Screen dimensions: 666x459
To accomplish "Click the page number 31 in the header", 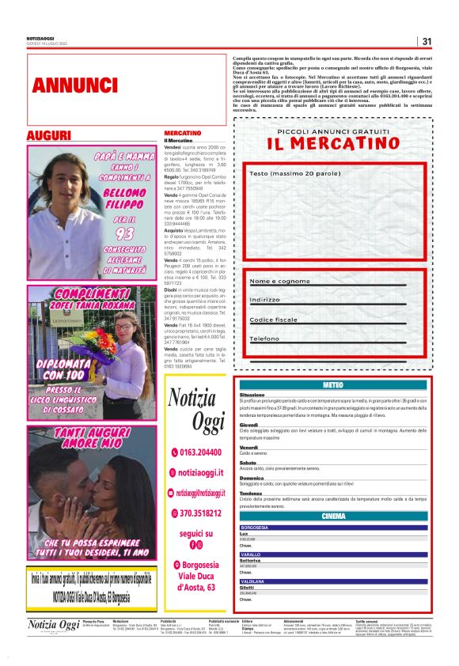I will [x=427, y=41].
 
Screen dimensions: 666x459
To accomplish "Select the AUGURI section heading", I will [x=48, y=136].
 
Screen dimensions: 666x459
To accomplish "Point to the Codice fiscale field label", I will [x=274, y=320].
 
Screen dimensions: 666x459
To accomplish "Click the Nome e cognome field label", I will [x=279, y=281].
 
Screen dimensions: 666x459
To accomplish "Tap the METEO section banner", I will [x=333, y=384].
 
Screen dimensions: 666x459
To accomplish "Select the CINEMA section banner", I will [x=333, y=517].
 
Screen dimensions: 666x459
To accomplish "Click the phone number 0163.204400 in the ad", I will [x=197, y=452].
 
